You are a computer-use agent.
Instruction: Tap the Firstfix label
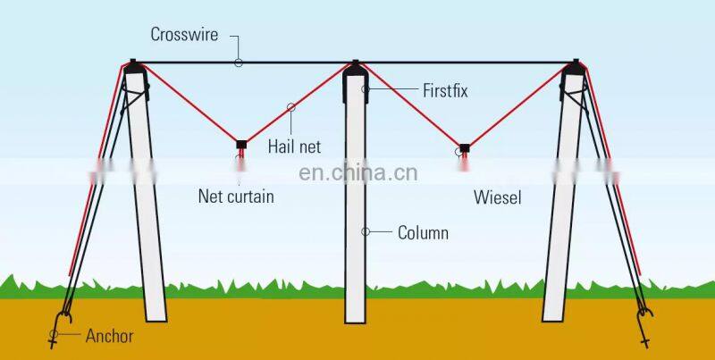click(x=444, y=90)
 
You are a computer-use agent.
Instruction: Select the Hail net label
click(x=294, y=146)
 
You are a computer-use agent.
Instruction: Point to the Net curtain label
click(x=236, y=197)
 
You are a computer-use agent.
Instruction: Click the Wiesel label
click(x=497, y=197)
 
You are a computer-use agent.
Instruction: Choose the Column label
click(x=423, y=233)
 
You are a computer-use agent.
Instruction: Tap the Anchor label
click(x=109, y=337)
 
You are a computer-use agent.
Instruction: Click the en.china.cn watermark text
click(x=357, y=172)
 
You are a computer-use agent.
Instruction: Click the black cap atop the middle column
click(x=356, y=65)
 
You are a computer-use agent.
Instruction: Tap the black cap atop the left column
click(x=133, y=65)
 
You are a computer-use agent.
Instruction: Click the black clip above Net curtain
click(x=240, y=143)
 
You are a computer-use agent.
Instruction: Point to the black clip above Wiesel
click(x=465, y=147)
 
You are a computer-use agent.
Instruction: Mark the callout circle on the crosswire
click(x=239, y=62)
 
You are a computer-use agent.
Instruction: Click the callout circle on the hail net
click(x=290, y=107)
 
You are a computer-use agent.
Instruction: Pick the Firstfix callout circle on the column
click(x=365, y=89)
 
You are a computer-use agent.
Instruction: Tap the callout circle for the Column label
click(x=365, y=232)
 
